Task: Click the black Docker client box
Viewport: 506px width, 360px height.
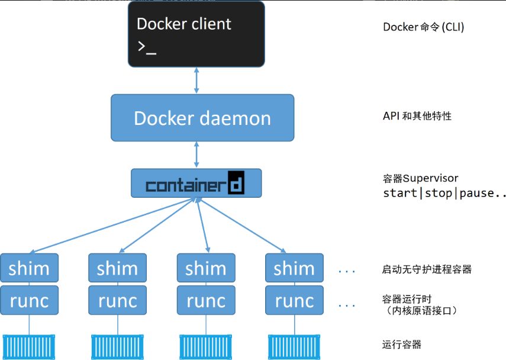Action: pyautogui.click(x=196, y=34)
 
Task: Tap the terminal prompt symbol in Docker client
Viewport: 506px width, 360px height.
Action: pyautogui.click(x=147, y=47)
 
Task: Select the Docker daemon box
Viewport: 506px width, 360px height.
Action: pyautogui.click(x=202, y=118)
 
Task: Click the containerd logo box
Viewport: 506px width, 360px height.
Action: pyautogui.click(x=196, y=183)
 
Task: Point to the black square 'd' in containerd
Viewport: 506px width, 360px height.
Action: pyautogui.click(x=236, y=183)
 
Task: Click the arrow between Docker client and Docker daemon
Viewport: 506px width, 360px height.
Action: pyautogui.click(x=196, y=81)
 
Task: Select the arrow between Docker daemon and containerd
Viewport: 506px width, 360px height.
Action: pyautogui.click(x=196, y=155)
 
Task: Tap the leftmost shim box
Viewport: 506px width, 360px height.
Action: pyautogui.click(x=30, y=268)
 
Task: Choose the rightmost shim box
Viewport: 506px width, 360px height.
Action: pyautogui.click(x=294, y=268)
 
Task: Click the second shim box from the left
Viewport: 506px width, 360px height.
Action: pyautogui.click(x=117, y=268)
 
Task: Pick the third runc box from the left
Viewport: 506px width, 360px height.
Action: pyautogui.click(x=206, y=300)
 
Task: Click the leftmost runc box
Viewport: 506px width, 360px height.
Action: pyautogui.click(x=30, y=300)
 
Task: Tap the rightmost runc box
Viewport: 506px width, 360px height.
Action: pyautogui.click(x=294, y=300)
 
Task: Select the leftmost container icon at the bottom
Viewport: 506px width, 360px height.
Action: pyautogui.click(x=29, y=347)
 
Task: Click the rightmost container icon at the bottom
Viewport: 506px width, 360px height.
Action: pyautogui.click(x=294, y=347)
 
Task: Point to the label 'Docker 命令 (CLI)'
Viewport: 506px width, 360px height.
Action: pyautogui.click(x=423, y=27)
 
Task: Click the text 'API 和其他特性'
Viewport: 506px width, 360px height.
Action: pyautogui.click(x=417, y=116)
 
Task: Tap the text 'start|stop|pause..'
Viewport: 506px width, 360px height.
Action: pyautogui.click(x=444, y=193)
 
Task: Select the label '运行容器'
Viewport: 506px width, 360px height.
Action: pyautogui.click(x=402, y=345)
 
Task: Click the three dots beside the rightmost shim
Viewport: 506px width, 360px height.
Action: pyautogui.click(x=347, y=272)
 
